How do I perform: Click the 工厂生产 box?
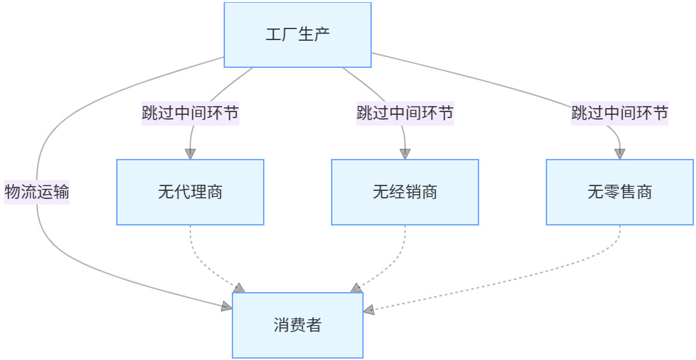tap(298, 35)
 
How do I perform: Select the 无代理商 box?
tap(190, 192)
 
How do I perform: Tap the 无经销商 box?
tap(404, 192)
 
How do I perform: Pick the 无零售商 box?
tap(620, 192)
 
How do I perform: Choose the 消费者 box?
tap(298, 325)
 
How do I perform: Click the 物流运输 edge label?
tap(37, 192)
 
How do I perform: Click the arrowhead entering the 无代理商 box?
tap(190, 154)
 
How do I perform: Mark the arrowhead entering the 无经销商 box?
tap(405, 154)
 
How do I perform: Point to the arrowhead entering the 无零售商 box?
tap(620, 154)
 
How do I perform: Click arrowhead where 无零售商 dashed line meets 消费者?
tap(368, 310)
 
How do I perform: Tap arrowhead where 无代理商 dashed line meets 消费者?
tap(239, 288)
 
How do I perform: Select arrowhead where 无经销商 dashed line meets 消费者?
tap(355, 288)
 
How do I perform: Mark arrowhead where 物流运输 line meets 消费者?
tap(227, 308)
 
